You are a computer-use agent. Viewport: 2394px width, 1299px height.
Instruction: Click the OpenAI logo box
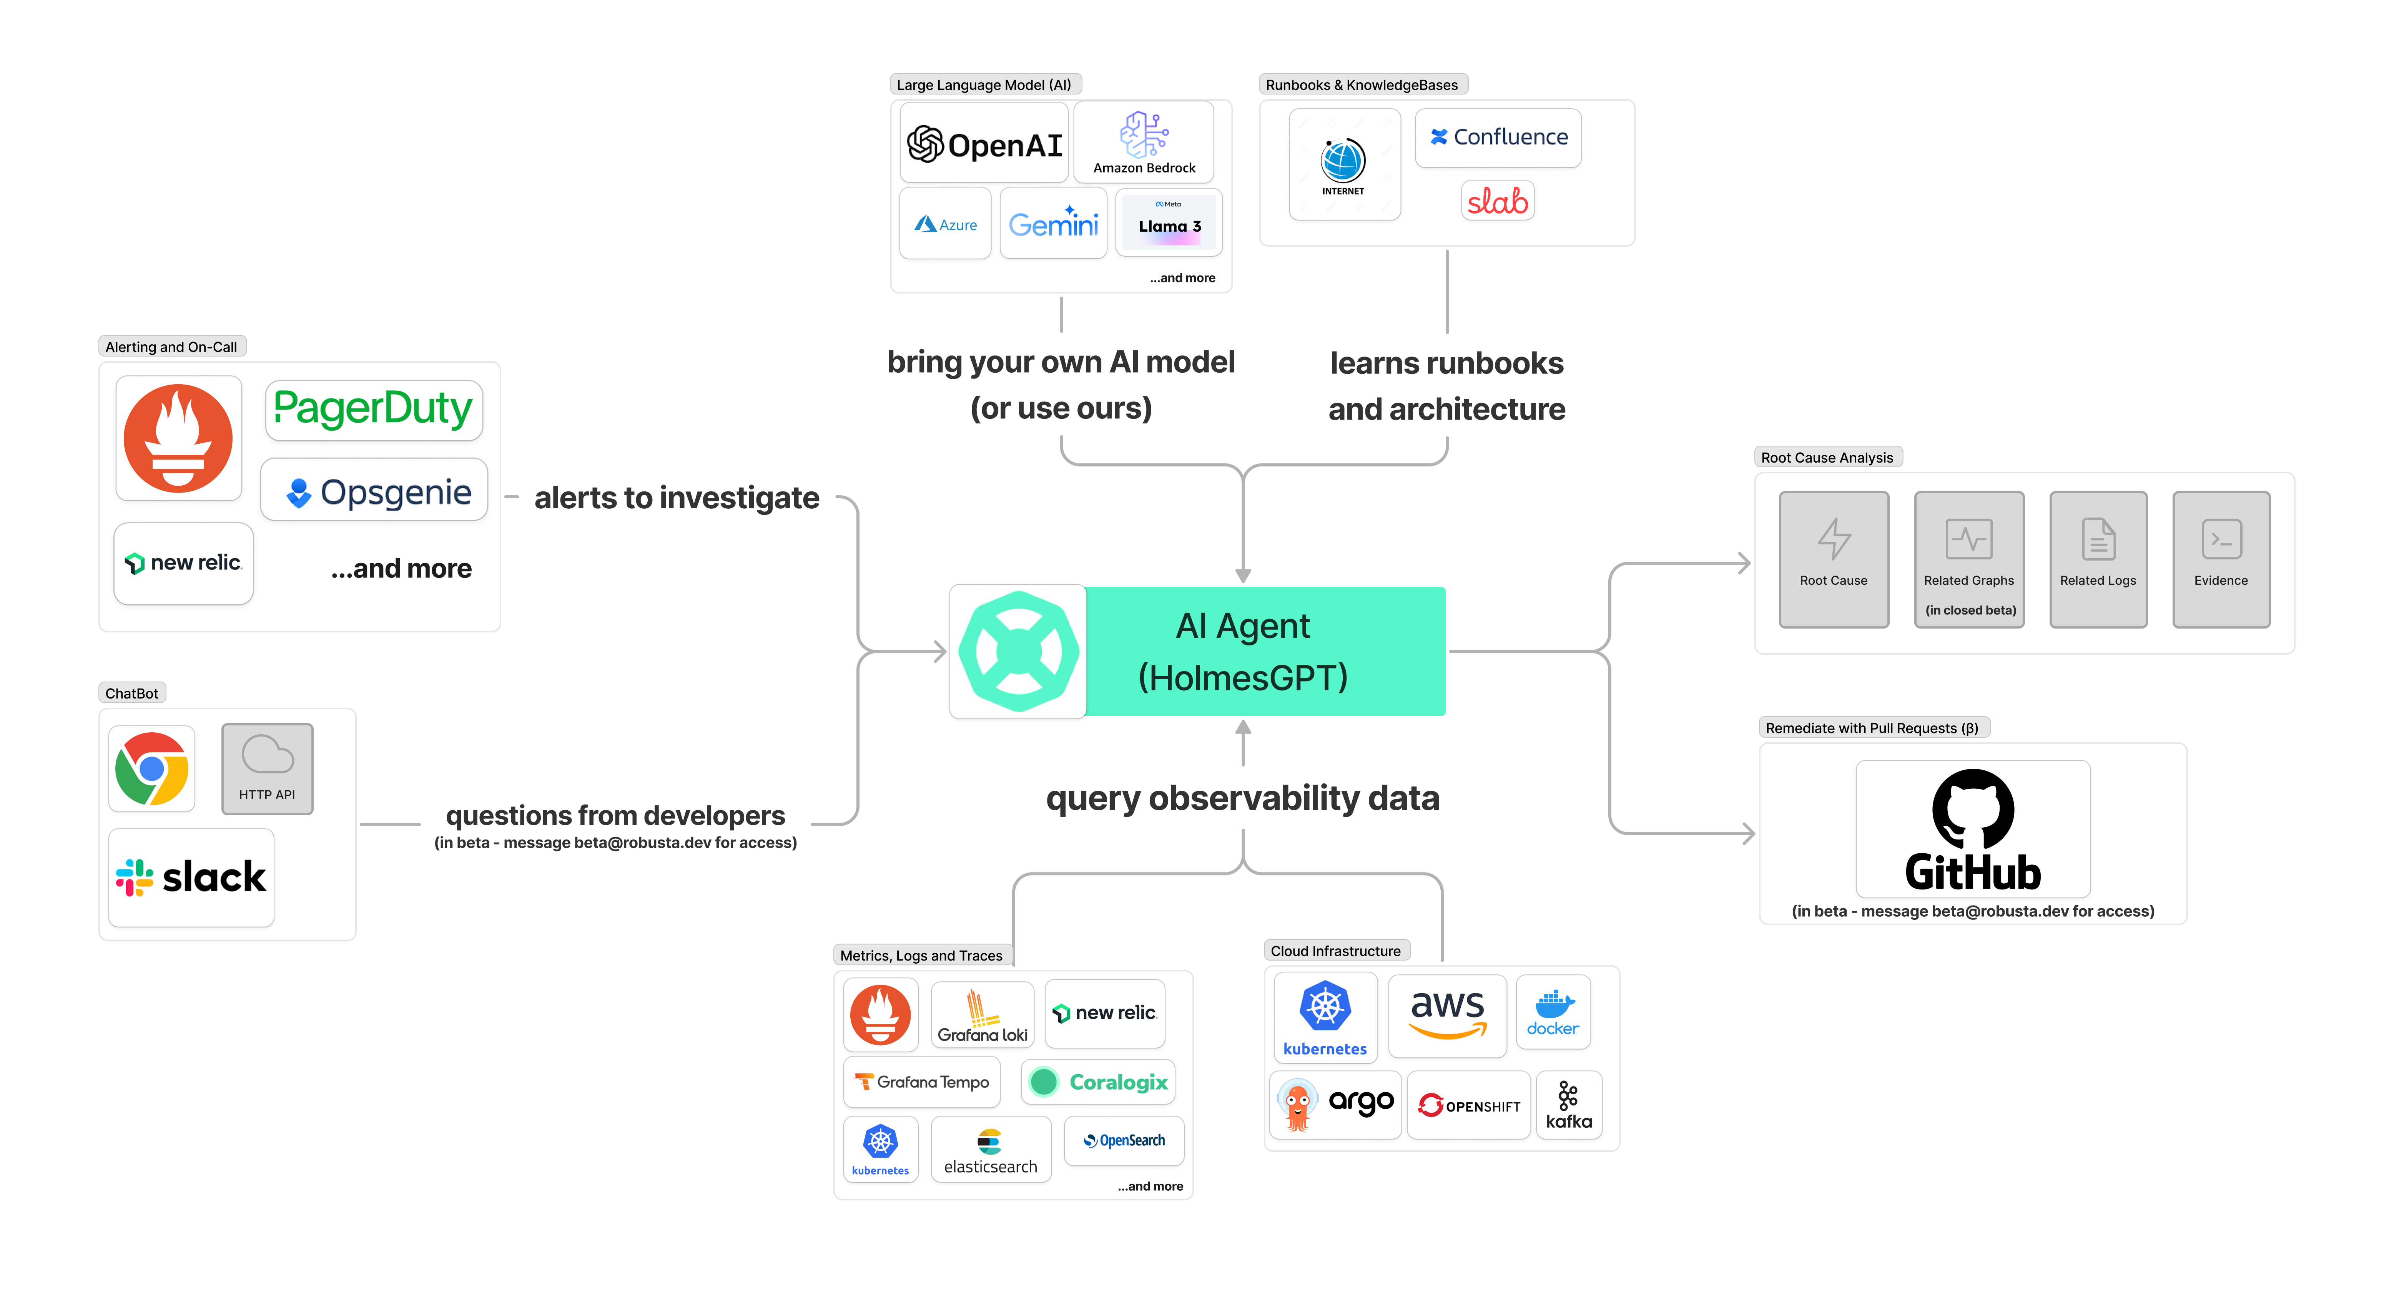pos(984,144)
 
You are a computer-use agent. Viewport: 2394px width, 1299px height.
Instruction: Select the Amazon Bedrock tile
pos(1144,142)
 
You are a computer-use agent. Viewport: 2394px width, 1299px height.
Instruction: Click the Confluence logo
pos(1498,138)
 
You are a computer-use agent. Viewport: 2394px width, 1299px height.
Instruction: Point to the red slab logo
pos(1497,201)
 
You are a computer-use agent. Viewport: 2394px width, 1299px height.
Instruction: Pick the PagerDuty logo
pos(374,410)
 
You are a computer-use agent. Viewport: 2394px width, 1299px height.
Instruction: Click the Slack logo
pos(191,877)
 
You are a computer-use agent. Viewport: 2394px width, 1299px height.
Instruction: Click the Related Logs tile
pos(2098,559)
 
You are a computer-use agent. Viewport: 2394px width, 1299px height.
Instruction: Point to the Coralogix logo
pos(1099,1082)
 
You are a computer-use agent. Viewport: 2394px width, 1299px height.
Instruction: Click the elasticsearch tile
pos(991,1150)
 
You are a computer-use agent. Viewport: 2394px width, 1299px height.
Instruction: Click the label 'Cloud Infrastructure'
pos(1335,951)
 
